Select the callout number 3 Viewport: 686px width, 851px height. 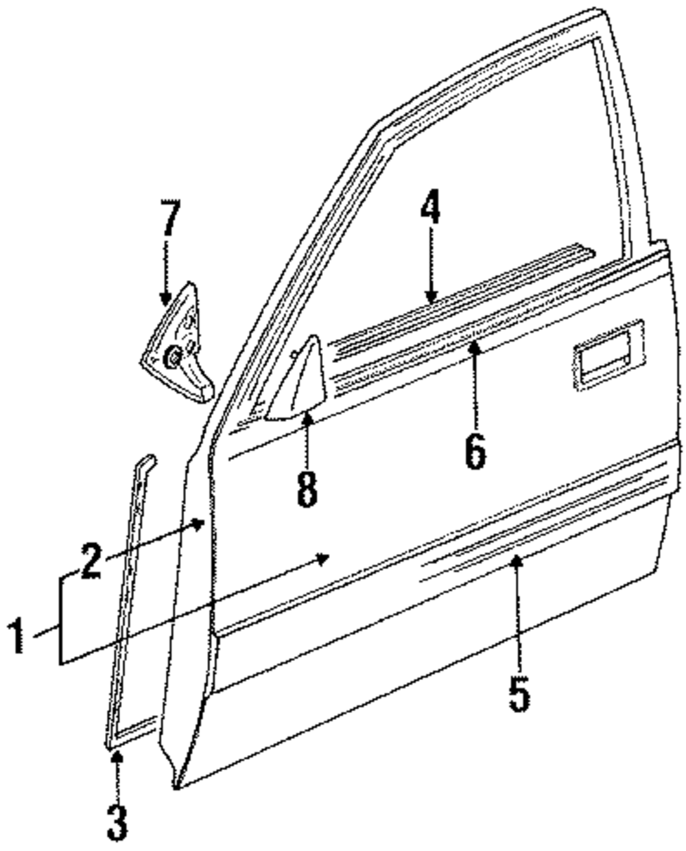[117, 821]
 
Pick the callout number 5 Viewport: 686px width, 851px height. [519, 693]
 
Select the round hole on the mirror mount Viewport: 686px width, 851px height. [173, 357]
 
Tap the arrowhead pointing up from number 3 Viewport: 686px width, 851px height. [117, 756]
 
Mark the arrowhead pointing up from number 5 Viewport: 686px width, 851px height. [518, 561]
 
